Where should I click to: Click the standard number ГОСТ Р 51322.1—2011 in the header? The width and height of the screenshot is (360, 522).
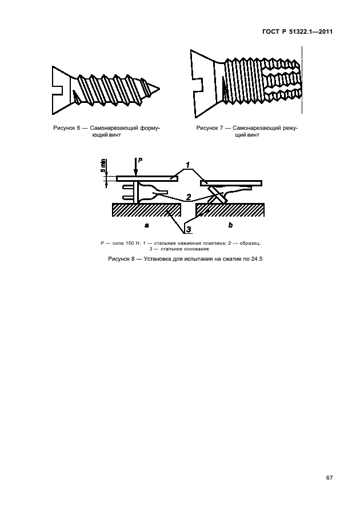click(x=298, y=32)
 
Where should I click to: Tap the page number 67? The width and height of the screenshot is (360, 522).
click(x=329, y=478)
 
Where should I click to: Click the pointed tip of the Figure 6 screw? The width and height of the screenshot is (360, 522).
click(x=159, y=89)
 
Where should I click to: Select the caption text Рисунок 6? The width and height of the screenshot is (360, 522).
click(x=67, y=128)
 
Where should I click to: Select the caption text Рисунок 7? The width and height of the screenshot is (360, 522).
click(x=210, y=128)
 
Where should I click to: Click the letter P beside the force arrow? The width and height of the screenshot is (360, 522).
click(x=141, y=160)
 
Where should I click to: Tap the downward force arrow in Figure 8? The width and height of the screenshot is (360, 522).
click(x=135, y=168)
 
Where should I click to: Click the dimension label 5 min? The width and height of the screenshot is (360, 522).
click(x=103, y=165)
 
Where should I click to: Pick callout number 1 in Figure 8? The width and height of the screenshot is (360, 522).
click(x=187, y=165)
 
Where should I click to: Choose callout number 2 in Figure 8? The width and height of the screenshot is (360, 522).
click(x=189, y=197)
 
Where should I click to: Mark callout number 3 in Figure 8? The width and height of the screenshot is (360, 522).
click(x=189, y=229)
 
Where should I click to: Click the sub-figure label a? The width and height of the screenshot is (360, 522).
click(x=146, y=226)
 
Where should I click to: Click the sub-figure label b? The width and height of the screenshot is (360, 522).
click(x=230, y=225)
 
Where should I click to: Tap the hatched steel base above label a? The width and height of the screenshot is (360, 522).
click(x=146, y=210)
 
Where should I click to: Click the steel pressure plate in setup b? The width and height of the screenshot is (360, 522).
click(x=231, y=183)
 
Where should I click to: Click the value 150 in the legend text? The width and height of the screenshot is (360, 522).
click(x=130, y=243)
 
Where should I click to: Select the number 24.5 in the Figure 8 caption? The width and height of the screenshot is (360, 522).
click(x=257, y=258)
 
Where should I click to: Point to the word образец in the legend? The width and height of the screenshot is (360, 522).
click(x=250, y=244)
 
